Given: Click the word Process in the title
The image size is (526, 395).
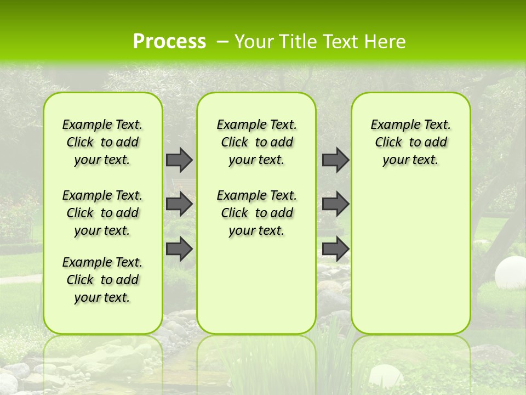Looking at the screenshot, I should point(169,42).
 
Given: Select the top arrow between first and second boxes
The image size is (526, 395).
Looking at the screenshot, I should point(179,160).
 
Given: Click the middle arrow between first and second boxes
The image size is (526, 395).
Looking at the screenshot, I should point(179,204).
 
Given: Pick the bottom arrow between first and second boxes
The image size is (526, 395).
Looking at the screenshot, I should point(179,249).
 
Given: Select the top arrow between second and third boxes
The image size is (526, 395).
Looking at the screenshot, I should point(335,160).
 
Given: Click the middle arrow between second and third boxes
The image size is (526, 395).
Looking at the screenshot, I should point(335,204).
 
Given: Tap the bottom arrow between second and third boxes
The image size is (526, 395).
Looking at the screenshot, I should point(335,249).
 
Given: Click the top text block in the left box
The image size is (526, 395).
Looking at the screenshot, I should point(102,142).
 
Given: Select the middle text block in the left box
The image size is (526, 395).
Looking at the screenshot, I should point(102,213).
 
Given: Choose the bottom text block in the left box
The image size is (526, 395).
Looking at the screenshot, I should point(102,280).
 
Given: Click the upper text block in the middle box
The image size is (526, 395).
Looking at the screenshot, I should point(256,142).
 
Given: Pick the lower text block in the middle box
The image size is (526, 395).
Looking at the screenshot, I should point(256,213).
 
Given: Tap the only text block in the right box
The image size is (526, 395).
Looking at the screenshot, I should point(410,142).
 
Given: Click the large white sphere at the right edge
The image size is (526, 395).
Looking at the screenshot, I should point(510,273).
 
